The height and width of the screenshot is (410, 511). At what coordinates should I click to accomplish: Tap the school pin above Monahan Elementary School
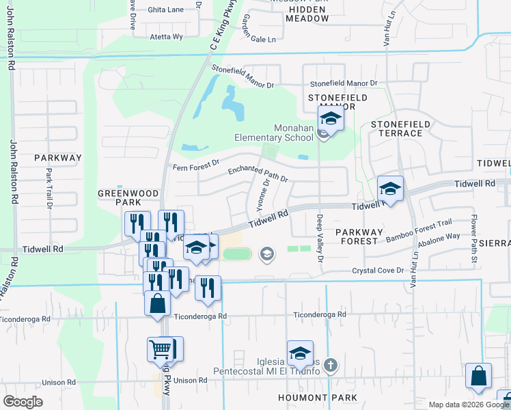(x=331, y=120)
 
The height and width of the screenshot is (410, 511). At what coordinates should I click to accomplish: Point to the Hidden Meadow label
(x=308, y=14)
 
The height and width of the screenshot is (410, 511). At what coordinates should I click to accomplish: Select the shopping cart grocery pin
(x=161, y=349)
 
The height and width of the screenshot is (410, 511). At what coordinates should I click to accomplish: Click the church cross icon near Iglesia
(x=331, y=366)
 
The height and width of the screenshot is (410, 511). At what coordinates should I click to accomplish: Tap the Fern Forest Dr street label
(x=195, y=165)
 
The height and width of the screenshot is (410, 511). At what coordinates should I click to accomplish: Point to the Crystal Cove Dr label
(x=378, y=271)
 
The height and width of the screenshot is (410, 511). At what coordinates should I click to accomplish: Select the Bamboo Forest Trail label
(x=419, y=231)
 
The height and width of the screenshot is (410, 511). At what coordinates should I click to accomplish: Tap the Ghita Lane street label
(x=166, y=10)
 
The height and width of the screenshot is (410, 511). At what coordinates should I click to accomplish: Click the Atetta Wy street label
(x=166, y=36)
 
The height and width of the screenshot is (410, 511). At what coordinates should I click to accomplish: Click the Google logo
(x=23, y=401)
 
